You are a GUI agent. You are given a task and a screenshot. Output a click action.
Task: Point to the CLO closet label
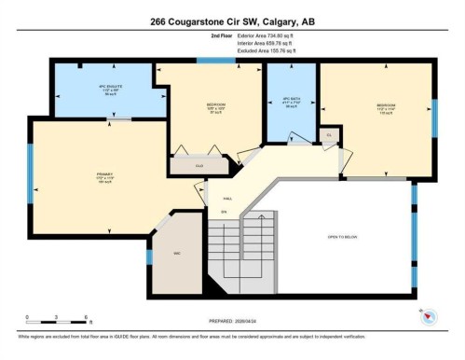click(198, 167)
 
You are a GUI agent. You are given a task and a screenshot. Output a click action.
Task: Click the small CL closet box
click(329, 135)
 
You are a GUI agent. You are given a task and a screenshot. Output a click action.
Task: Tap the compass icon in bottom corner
click(428, 314)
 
